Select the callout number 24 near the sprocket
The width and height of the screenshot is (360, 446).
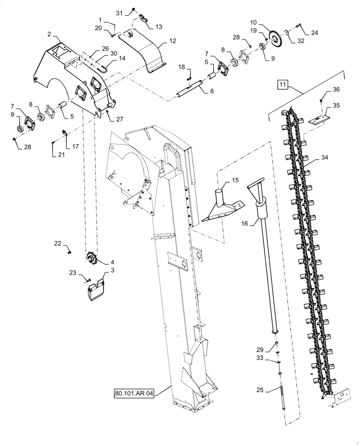coord(315,33)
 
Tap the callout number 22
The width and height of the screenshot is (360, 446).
coord(57,243)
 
